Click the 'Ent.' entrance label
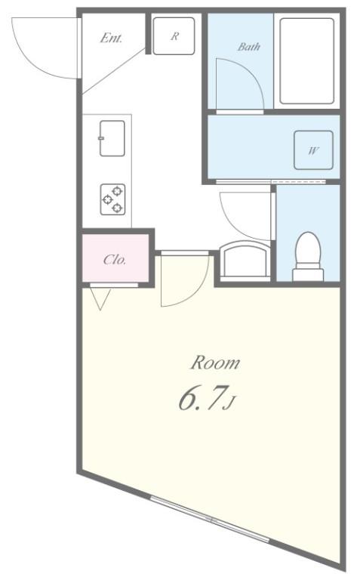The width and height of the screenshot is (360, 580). click(111, 38)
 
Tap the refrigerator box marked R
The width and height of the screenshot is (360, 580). click(174, 35)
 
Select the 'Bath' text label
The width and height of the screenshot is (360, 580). click(249, 47)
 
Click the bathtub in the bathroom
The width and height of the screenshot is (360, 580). click(306, 61)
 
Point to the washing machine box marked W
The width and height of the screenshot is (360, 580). click(312, 150)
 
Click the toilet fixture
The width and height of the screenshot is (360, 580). click(307, 255)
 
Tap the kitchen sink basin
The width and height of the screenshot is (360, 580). click(112, 137)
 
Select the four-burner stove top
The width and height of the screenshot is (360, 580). click(113, 199)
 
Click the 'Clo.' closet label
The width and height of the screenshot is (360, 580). click(115, 260)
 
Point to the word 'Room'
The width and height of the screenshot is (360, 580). click(214, 363)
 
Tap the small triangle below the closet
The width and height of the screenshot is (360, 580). click(100, 300)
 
